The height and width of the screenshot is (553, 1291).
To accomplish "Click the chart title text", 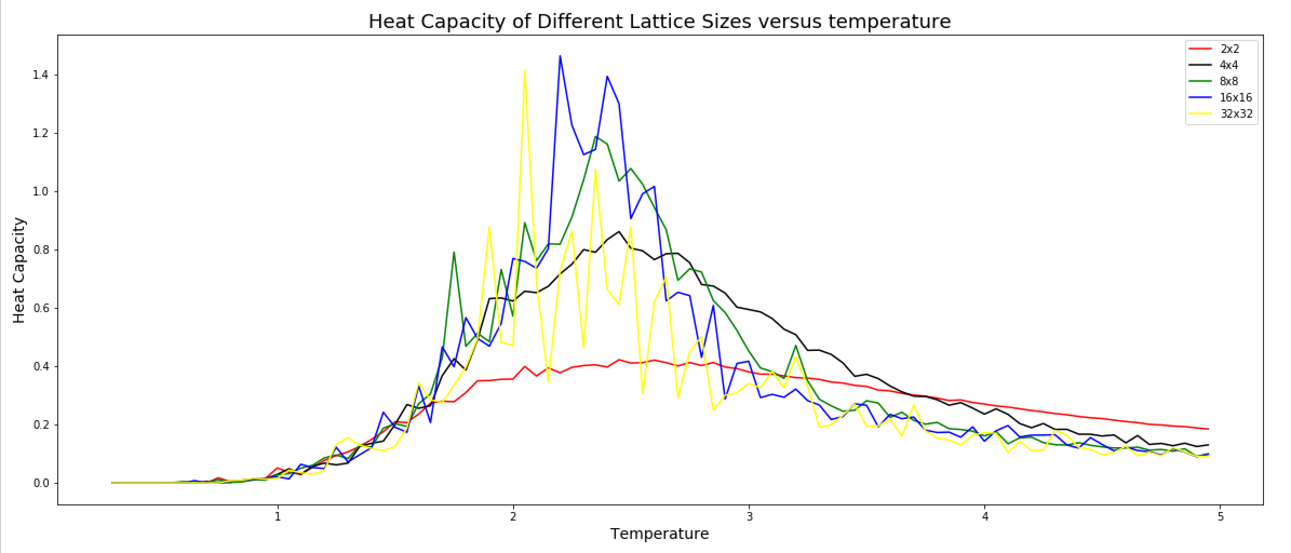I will (x=659, y=22).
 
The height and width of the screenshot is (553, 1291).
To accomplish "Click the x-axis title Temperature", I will (x=659, y=534).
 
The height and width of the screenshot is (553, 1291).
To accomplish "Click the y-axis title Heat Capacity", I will (x=19, y=270).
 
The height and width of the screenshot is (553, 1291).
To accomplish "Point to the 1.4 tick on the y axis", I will (x=41, y=75).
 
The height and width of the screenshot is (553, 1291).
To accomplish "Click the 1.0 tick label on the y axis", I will (x=41, y=192).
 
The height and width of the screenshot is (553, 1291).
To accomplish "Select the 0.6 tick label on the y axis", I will (x=41, y=308).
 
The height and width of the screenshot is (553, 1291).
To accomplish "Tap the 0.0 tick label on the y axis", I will (x=41, y=483).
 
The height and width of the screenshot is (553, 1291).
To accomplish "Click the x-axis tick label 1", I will (x=278, y=516).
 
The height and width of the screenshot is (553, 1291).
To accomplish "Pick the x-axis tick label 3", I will (x=749, y=516).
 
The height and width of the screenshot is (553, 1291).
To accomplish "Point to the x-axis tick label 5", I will (x=1221, y=516).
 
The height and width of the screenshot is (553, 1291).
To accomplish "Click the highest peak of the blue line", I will (x=560, y=56).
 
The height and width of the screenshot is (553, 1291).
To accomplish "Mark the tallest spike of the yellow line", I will (x=525, y=70).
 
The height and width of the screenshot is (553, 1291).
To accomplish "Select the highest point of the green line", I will (x=596, y=137).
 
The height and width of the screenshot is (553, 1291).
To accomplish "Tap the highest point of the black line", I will (x=619, y=232).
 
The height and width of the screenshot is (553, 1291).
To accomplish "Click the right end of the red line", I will (x=1208, y=429).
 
